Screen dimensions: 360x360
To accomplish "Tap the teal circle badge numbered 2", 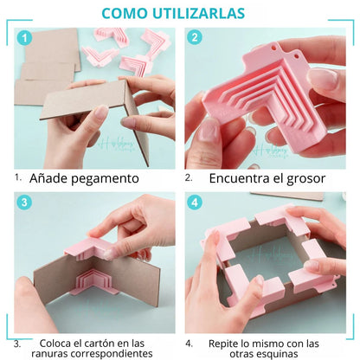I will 195,39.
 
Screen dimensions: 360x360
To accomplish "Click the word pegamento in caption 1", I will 105,178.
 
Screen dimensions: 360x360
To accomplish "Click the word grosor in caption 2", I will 299,178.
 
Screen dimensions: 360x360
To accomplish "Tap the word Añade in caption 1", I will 48,178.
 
